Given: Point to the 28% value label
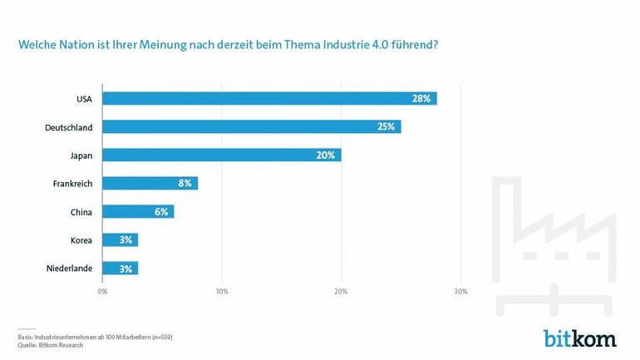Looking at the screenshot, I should [x=421, y=99].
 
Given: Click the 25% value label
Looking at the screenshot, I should [x=386, y=127].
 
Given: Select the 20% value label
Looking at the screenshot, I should [x=326, y=155].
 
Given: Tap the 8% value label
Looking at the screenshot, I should [x=185, y=183].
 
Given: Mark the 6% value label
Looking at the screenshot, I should [x=161, y=211].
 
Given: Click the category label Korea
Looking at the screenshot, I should [x=81, y=240].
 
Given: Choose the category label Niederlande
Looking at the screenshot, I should [x=70, y=269].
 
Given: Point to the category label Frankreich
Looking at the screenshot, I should [x=72, y=184].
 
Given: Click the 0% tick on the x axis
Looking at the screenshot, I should [x=102, y=292].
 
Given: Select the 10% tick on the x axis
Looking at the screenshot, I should [x=222, y=292].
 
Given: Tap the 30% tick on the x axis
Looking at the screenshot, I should [x=460, y=292].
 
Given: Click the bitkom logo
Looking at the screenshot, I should [x=580, y=338].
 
